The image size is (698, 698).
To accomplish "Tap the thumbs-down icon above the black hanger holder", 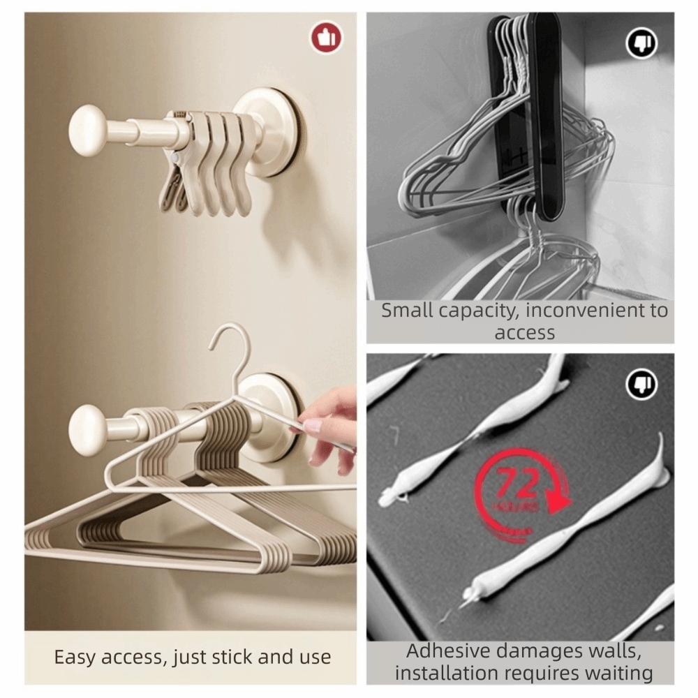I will pos(641,45).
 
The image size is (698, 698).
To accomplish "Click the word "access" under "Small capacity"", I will pos(524,333).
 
